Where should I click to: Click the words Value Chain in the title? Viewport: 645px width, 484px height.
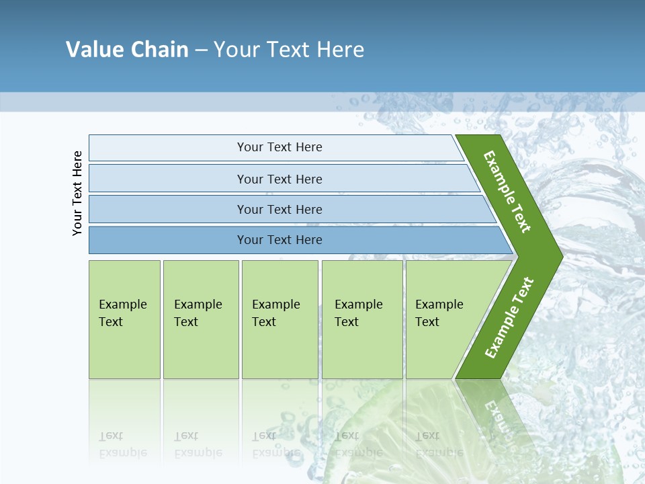point(127,49)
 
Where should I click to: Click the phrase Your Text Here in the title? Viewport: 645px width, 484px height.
point(289,49)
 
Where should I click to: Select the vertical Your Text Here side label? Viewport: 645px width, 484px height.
point(77,193)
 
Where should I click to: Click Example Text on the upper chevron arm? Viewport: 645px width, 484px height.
point(507,192)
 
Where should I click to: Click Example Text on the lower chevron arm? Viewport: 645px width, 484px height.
point(509,317)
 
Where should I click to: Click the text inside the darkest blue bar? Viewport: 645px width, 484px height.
point(279,240)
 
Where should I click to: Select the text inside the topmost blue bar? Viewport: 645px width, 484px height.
point(279,147)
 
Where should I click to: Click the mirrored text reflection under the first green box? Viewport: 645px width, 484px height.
point(122,444)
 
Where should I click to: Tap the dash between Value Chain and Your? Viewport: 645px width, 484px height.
point(201,50)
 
